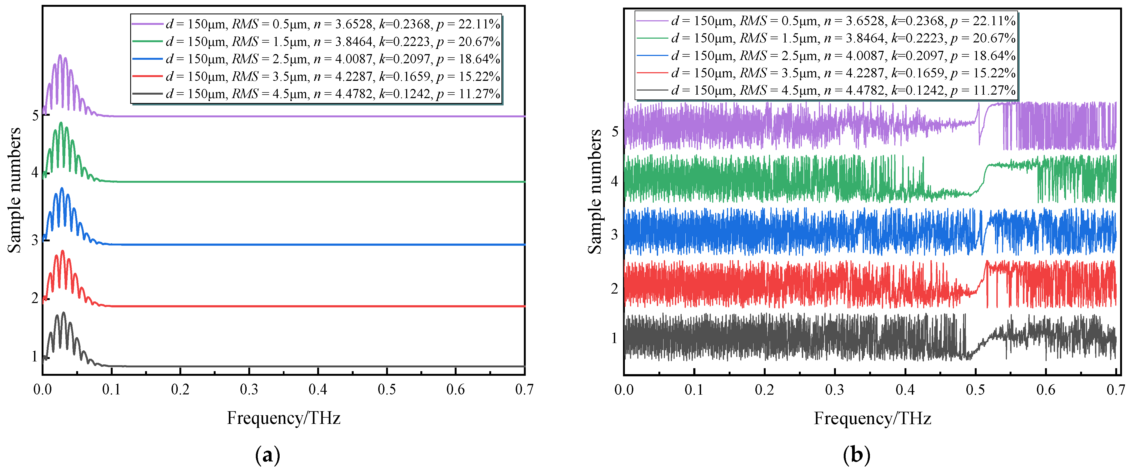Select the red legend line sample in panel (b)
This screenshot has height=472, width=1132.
click(x=652, y=73)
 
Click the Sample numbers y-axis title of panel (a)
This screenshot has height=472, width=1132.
click(x=15, y=190)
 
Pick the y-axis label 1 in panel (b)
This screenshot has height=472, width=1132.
click(x=614, y=338)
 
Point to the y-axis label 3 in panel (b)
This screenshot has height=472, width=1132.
click(x=614, y=234)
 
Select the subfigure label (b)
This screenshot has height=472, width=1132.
click(x=856, y=455)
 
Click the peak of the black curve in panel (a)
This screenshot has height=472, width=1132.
click(x=64, y=313)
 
